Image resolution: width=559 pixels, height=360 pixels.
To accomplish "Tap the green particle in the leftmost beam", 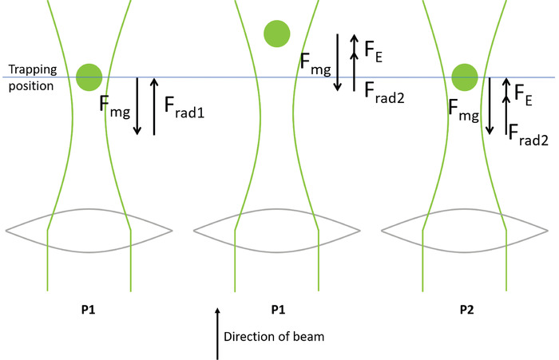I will point(89,77).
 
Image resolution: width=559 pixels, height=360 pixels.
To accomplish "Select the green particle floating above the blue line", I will point(276,33).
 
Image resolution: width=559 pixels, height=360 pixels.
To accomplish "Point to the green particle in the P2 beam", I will point(465,77).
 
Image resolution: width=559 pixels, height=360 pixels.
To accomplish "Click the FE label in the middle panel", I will point(372,49).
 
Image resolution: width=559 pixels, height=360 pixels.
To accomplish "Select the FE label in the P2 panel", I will point(524,95).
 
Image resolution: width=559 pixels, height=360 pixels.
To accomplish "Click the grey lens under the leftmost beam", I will point(89,230).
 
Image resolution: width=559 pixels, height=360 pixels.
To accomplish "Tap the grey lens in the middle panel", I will point(276,230).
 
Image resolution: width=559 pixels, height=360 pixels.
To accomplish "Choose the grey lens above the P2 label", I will point(465,230).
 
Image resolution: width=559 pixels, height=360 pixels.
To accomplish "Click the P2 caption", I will point(465,307).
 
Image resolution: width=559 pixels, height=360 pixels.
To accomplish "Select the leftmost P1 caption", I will point(89,307).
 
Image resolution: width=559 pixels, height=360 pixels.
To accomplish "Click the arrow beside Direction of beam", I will point(218,332).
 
